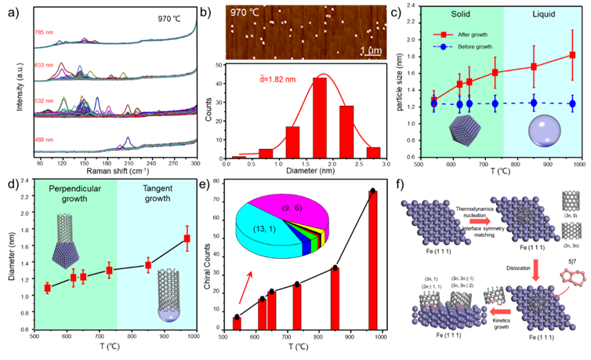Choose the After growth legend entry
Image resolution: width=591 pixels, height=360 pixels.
pyautogui.click(x=471, y=35)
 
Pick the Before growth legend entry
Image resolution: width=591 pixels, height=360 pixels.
pyautogui.click(x=471, y=47)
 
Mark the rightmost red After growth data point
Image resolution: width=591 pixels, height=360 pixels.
pyautogui.click(x=572, y=55)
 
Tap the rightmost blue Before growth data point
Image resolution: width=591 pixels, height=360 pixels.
pyautogui.click(x=572, y=103)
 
